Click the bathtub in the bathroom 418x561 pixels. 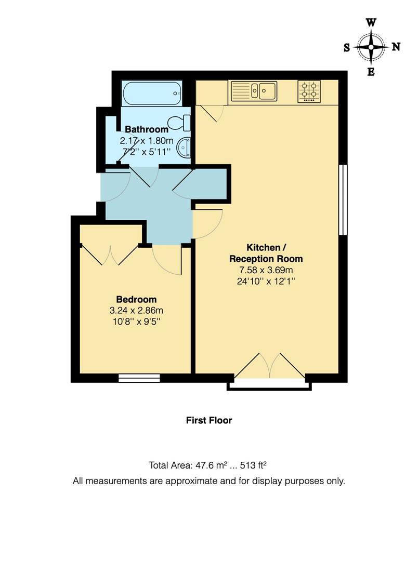point(151,94)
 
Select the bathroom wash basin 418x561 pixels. point(184,148)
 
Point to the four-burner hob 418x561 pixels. point(309,90)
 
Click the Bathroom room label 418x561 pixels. point(147,129)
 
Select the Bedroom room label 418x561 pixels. point(136,300)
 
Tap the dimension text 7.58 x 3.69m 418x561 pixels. point(266,270)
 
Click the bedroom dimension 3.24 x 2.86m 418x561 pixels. point(136,311)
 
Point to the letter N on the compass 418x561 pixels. point(396,47)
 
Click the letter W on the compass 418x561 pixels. point(371,22)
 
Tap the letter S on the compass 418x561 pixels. point(347,48)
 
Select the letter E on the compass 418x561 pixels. point(371,72)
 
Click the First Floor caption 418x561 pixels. point(209,420)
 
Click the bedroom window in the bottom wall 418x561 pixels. point(139,378)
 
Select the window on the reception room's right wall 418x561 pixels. point(343,200)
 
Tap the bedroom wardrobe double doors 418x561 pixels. point(110,255)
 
